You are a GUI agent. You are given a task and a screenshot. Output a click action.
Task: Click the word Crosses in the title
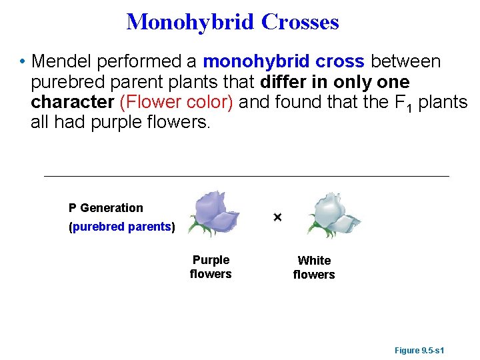coord(300,22)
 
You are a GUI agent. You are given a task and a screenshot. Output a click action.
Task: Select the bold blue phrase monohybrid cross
coord(284,62)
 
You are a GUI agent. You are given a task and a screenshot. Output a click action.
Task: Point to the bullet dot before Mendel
coord(23,63)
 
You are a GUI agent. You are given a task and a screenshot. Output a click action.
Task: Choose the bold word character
coord(72,103)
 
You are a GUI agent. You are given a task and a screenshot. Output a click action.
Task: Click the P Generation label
coord(106,208)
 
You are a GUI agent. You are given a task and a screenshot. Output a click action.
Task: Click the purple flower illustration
coord(215,210)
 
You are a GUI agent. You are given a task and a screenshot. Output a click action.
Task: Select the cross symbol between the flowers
coord(277,218)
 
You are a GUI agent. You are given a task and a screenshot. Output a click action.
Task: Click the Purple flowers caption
coord(211,267)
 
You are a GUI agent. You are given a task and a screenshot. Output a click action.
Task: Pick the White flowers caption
coord(314,267)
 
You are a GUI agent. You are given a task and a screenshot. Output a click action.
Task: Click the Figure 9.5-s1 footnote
coord(420,350)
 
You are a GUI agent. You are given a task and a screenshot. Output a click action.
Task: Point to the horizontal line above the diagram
coord(247,176)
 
